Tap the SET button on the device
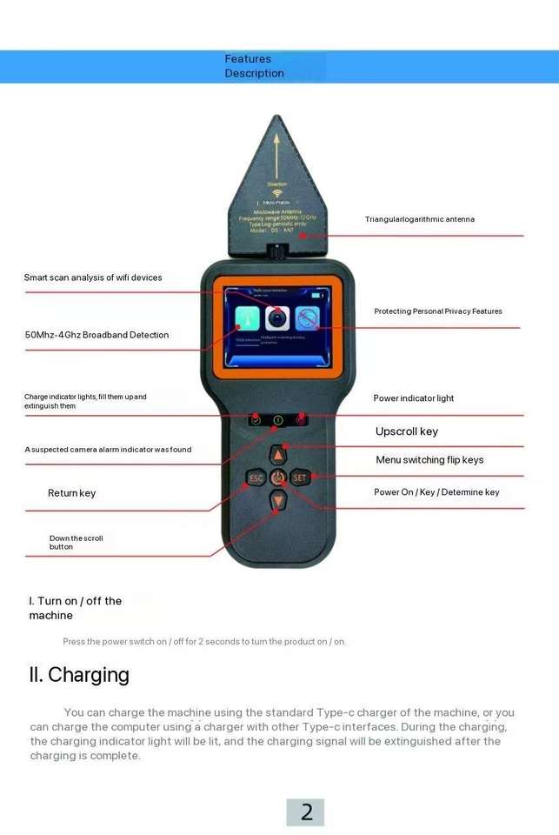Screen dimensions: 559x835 [300, 478]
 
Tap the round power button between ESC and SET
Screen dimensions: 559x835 [278, 478]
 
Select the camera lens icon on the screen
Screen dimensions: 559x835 [277, 317]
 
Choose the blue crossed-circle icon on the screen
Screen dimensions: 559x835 [307, 318]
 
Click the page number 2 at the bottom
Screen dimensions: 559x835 [306, 812]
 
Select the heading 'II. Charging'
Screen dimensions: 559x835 [79, 675]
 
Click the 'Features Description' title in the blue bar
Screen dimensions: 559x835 [254, 66]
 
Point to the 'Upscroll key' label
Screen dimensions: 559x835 [406, 431]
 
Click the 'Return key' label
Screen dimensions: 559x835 [71, 493]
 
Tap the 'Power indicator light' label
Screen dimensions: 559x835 [413, 398]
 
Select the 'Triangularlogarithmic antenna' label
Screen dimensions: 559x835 [419, 219]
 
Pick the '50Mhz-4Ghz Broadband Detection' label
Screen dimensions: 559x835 [96, 335]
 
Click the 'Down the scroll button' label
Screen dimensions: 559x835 [76, 543]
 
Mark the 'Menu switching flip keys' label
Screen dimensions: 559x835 [429, 460]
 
